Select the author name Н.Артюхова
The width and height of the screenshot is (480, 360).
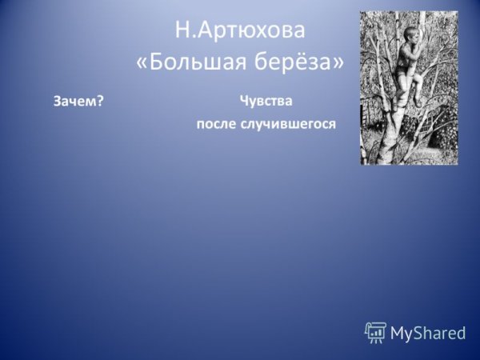point(240,31)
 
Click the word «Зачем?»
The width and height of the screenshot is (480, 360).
point(79,101)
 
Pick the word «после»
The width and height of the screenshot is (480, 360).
point(217,125)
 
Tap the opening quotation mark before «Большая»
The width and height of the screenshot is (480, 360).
point(142,62)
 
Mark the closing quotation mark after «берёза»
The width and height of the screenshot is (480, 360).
point(338,62)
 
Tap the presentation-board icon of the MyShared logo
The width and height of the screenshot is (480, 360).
point(375,332)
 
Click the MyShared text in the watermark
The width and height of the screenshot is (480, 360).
point(428,334)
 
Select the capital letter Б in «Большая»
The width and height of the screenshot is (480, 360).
point(157,62)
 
